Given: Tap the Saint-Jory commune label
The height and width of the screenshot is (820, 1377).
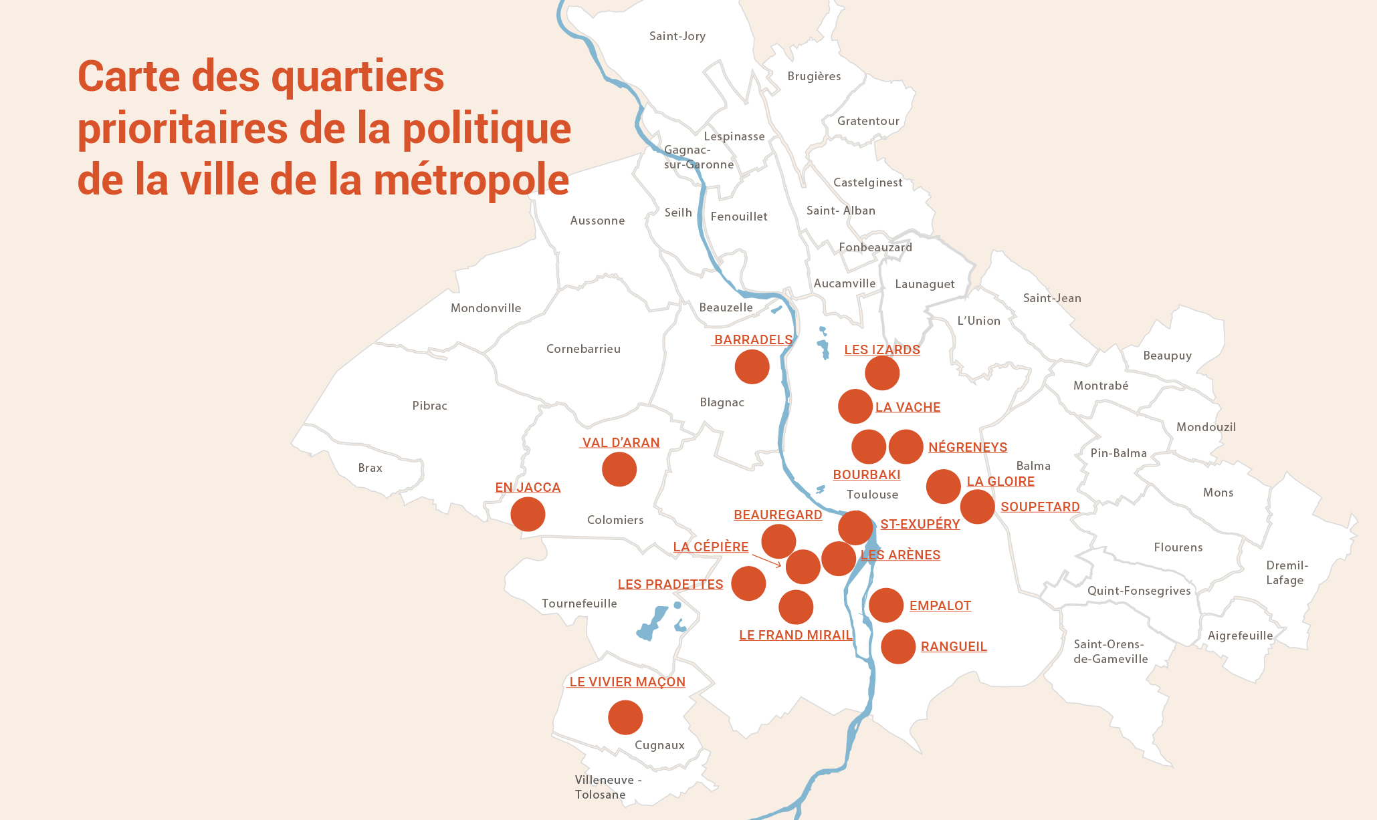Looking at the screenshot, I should click(677, 36).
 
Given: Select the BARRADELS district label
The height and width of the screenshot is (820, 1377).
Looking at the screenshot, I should click(753, 339).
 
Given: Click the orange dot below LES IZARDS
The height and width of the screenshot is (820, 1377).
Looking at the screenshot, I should click(881, 373).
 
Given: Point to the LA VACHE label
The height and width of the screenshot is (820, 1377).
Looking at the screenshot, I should click(908, 407).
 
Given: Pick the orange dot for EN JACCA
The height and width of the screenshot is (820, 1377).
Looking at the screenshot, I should click(528, 514).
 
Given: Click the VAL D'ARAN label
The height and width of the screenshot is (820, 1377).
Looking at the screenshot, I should click(621, 442).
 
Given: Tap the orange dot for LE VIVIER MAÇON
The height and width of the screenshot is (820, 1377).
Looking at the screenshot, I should click(625, 717).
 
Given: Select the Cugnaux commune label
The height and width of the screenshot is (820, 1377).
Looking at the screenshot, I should click(659, 745).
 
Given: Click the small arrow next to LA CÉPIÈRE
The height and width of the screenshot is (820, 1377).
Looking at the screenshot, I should click(767, 560).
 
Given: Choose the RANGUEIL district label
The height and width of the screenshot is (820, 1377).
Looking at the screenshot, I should click(954, 646).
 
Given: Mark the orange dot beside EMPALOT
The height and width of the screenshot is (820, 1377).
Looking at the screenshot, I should click(886, 605).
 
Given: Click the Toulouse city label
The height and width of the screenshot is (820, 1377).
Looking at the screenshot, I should click(872, 495).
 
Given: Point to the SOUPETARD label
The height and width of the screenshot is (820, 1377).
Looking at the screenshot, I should click(1040, 507).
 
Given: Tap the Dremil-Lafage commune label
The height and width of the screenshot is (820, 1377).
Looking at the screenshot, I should click(1286, 573).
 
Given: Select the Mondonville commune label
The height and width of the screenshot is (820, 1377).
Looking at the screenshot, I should click(486, 308).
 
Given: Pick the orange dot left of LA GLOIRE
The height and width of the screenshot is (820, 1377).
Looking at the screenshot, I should click(943, 486).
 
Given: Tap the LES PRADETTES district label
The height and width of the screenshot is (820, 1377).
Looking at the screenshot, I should click(670, 584).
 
